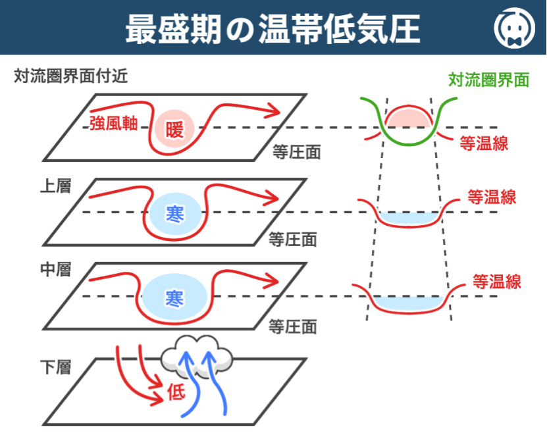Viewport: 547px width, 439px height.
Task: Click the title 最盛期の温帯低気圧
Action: click(273, 28)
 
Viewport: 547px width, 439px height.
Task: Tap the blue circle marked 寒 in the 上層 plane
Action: click(174, 213)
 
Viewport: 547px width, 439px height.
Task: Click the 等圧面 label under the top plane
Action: click(296, 153)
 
